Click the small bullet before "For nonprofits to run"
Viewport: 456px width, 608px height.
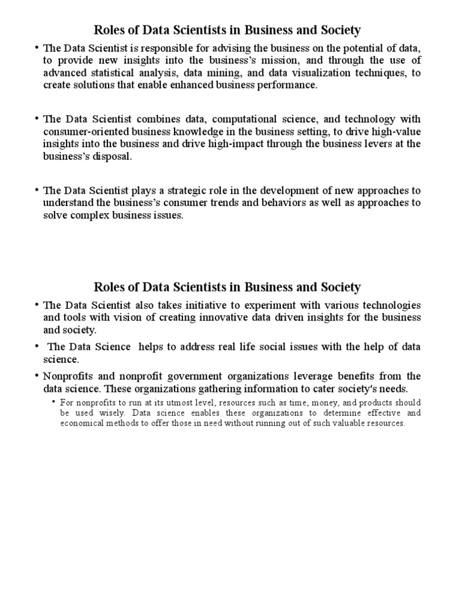[x=54, y=402]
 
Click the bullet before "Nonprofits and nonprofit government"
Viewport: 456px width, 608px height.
[x=37, y=376]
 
